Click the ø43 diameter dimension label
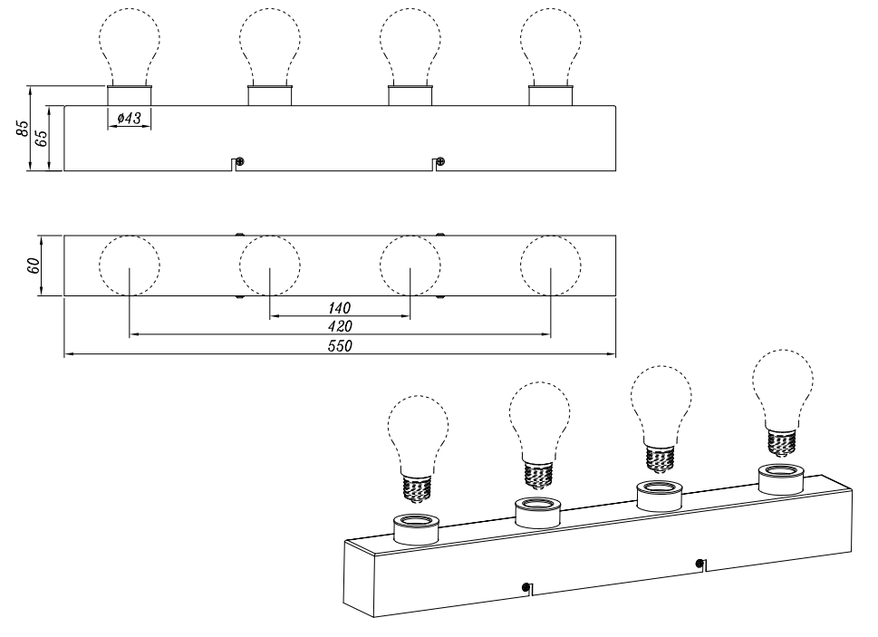click(130, 118)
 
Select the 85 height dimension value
click(22, 128)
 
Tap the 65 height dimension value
click(41, 139)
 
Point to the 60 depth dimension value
click(33, 265)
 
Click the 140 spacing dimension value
click(339, 308)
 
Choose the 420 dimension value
click(340, 326)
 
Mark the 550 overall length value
click(340, 346)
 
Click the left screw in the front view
click(240, 162)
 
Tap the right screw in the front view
click(441, 162)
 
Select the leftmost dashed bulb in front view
click(130, 46)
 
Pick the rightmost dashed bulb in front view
click(550, 46)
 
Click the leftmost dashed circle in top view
click(130, 265)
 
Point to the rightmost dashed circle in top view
click(550, 265)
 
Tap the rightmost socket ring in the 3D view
click(781, 479)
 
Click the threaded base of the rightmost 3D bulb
click(783, 440)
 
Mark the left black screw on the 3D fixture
click(526, 587)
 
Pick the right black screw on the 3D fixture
click(699, 563)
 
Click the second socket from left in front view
click(270, 95)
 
